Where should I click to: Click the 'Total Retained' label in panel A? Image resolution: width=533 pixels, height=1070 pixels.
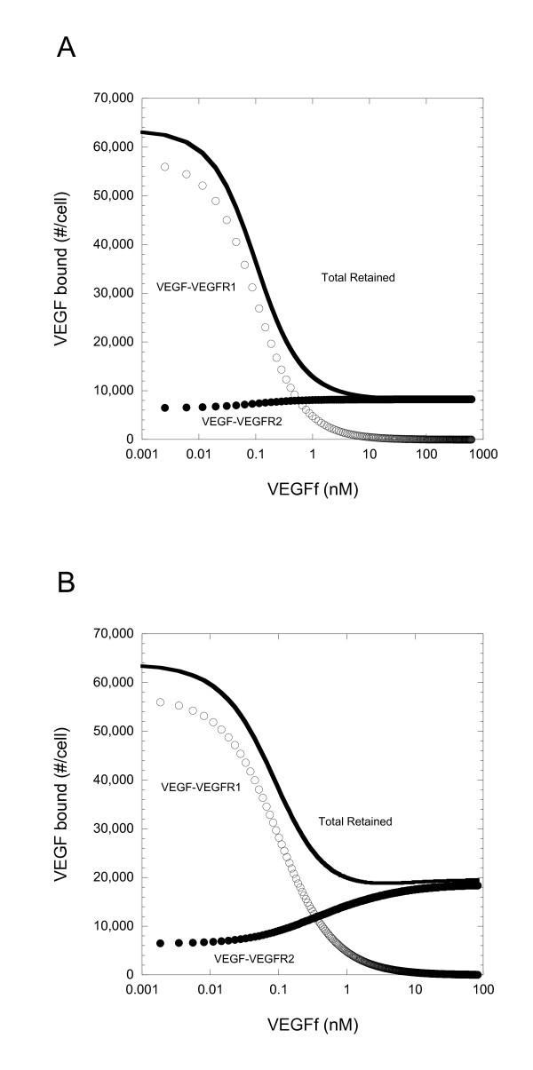(357, 278)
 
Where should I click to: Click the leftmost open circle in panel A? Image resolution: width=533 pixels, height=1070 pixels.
(164, 167)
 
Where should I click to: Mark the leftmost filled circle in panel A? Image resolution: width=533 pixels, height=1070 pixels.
(164, 408)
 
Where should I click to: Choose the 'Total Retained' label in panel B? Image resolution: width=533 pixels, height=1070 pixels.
(356, 821)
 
